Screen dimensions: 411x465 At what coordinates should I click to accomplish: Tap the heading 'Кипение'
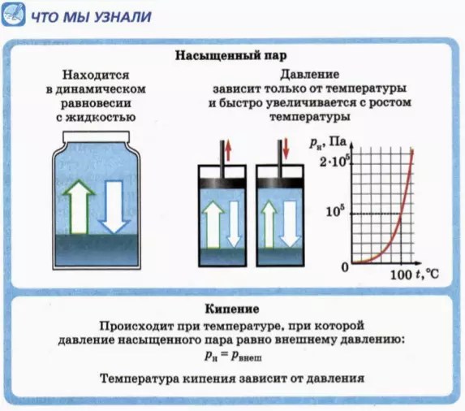click(x=231, y=310)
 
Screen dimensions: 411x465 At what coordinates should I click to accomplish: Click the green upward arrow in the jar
click(x=79, y=206)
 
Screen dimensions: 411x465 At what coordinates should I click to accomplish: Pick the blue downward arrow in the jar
click(x=113, y=206)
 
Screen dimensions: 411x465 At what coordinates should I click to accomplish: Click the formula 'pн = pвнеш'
click(x=232, y=356)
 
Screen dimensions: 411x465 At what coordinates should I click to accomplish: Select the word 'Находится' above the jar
click(x=97, y=75)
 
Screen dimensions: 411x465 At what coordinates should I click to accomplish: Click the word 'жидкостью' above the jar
click(x=105, y=116)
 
